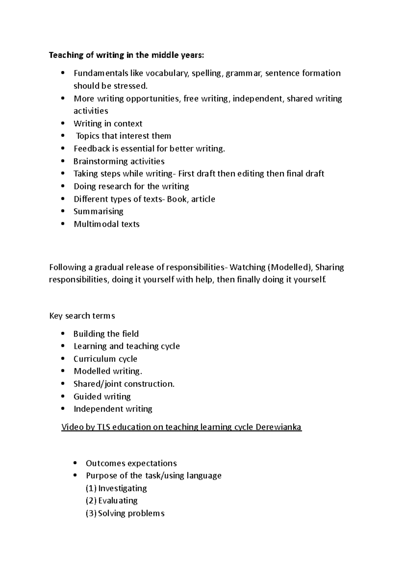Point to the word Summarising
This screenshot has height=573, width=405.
coord(98,212)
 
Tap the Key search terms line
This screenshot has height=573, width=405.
coord(82,316)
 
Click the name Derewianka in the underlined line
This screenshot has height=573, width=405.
coord(278,427)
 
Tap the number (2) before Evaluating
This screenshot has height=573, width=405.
coord(91,501)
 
